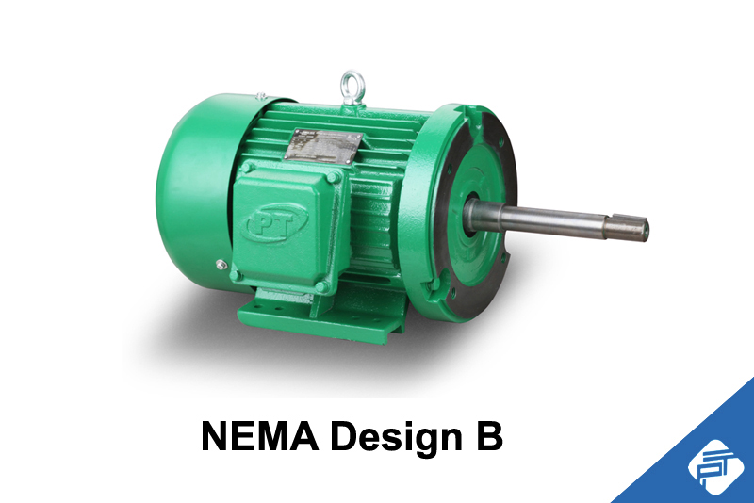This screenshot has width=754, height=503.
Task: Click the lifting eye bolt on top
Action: [353, 82]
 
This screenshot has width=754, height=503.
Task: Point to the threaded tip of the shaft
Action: [638, 227]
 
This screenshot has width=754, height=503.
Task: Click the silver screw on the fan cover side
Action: [221, 265]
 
